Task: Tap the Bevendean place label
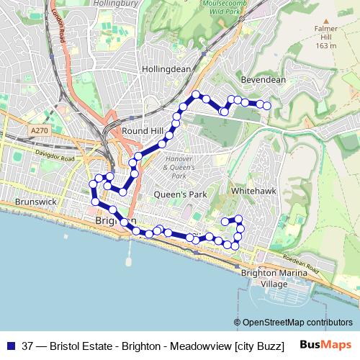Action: (x=264, y=79)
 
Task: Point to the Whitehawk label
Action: (x=250, y=192)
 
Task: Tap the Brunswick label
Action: (x=35, y=203)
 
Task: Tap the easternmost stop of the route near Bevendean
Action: (x=267, y=106)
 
